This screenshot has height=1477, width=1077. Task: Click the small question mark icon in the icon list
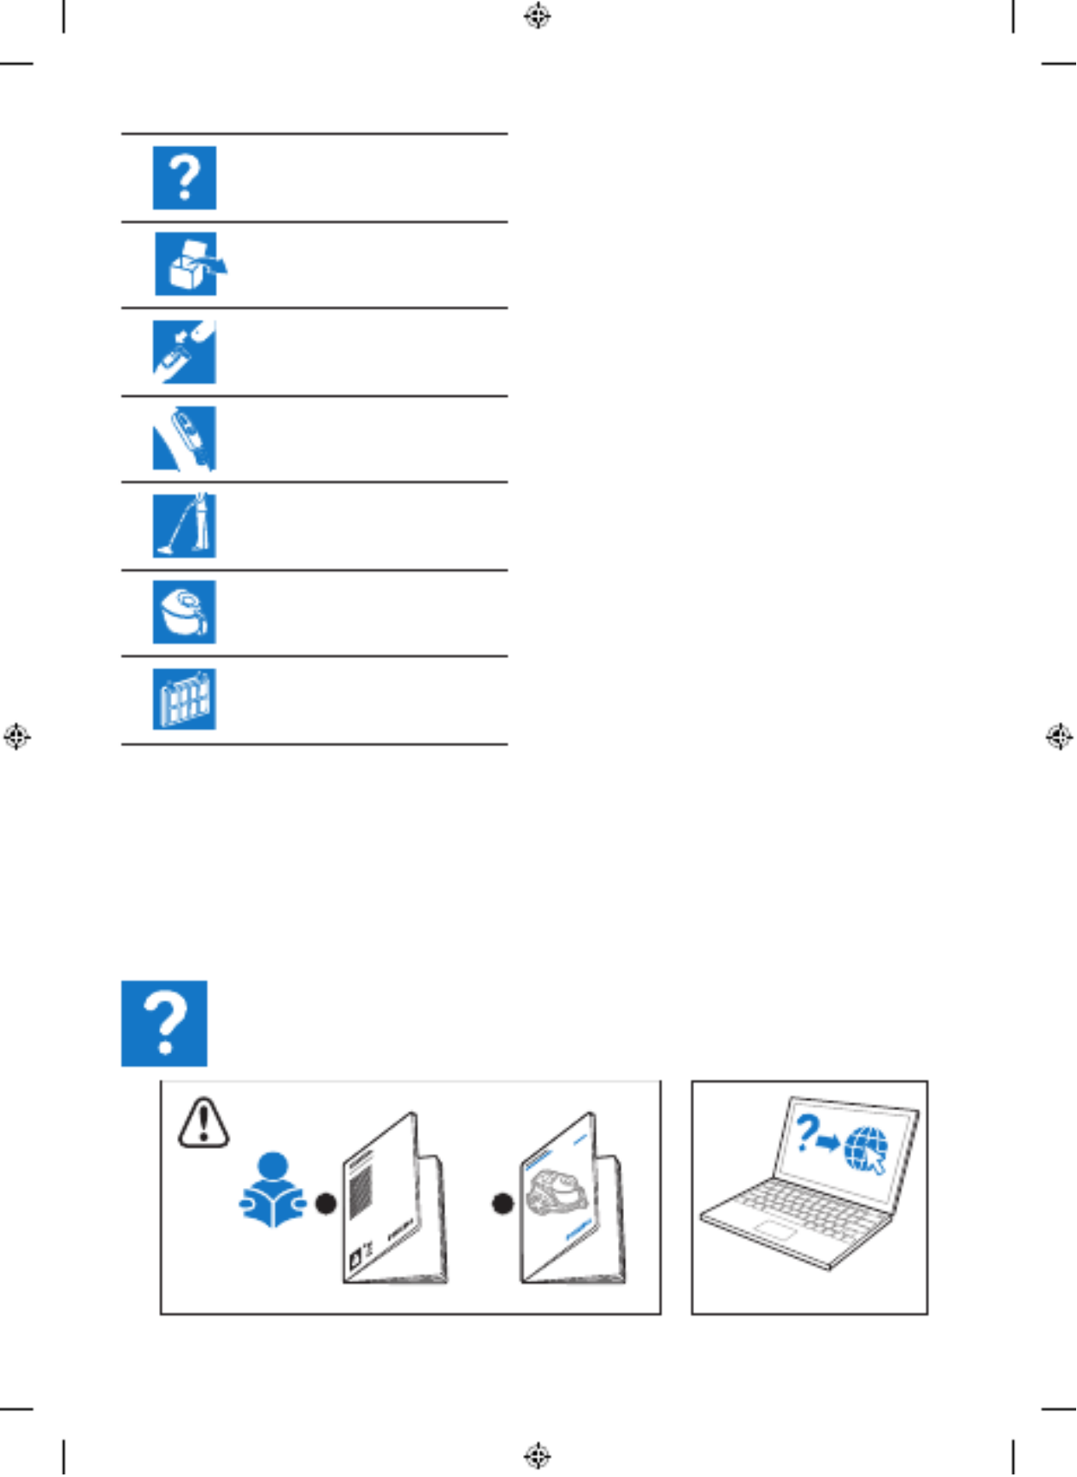185,178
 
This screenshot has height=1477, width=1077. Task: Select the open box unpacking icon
188,264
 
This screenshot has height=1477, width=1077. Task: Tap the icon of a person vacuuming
185,526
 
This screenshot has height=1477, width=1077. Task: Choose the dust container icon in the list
185,612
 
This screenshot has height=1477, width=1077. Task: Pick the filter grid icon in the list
185,699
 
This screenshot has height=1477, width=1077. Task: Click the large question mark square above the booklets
164,1023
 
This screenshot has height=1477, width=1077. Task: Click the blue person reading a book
273,1190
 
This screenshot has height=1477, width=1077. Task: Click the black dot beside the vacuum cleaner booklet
503,1203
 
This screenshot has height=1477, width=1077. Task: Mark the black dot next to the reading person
326,1203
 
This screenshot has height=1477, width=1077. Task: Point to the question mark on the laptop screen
806,1133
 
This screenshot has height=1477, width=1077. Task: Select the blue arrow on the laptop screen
828,1143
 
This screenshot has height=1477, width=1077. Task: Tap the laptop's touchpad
775,1232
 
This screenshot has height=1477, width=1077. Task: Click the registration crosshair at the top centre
538,15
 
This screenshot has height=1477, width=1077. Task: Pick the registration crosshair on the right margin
1059,736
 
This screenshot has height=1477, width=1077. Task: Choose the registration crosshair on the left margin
16,736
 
